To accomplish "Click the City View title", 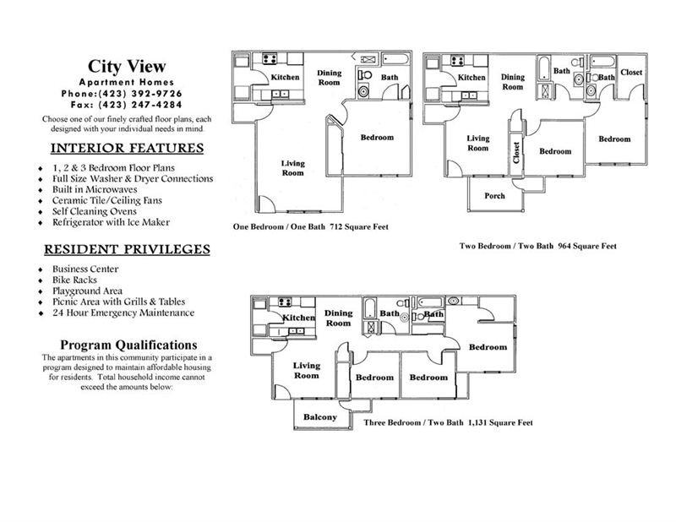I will pos(128,66).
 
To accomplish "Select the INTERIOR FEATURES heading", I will pos(128,148).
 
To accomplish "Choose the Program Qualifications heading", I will pos(128,345).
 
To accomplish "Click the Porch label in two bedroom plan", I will pos(494,196).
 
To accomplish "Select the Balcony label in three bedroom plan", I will pos(320,417).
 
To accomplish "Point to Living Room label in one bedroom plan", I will pos(292,167).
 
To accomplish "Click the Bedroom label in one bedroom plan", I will pos(377,138).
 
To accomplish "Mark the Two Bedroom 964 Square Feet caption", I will pos(537,247).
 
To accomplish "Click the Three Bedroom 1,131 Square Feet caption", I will pos(448,421).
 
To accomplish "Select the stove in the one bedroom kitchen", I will pos(271,59).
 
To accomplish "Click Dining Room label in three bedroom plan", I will pos(338,318).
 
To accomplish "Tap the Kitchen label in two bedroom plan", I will pos(472,78).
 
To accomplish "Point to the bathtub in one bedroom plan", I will pos(395,58).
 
